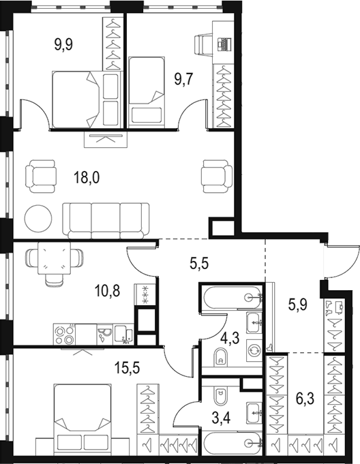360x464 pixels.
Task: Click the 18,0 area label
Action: point(87,178)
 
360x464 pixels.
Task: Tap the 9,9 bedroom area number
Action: point(63,45)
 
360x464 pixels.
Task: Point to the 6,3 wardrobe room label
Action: point(305,399)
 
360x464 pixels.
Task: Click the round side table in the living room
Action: point(38,218)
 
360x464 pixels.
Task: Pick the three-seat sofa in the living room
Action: point(106,221)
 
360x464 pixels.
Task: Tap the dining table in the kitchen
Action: point(54,258)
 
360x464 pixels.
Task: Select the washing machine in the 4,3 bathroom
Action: point(254,351)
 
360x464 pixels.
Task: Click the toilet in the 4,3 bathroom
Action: point(220,356)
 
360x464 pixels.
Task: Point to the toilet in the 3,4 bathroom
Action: point(220,396)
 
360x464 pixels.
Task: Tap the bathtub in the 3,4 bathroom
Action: point(232,443)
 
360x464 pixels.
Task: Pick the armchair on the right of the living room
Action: point(217,176)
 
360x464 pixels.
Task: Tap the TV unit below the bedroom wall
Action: point(106,139)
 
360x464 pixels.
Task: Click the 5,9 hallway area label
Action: point(298,304)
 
